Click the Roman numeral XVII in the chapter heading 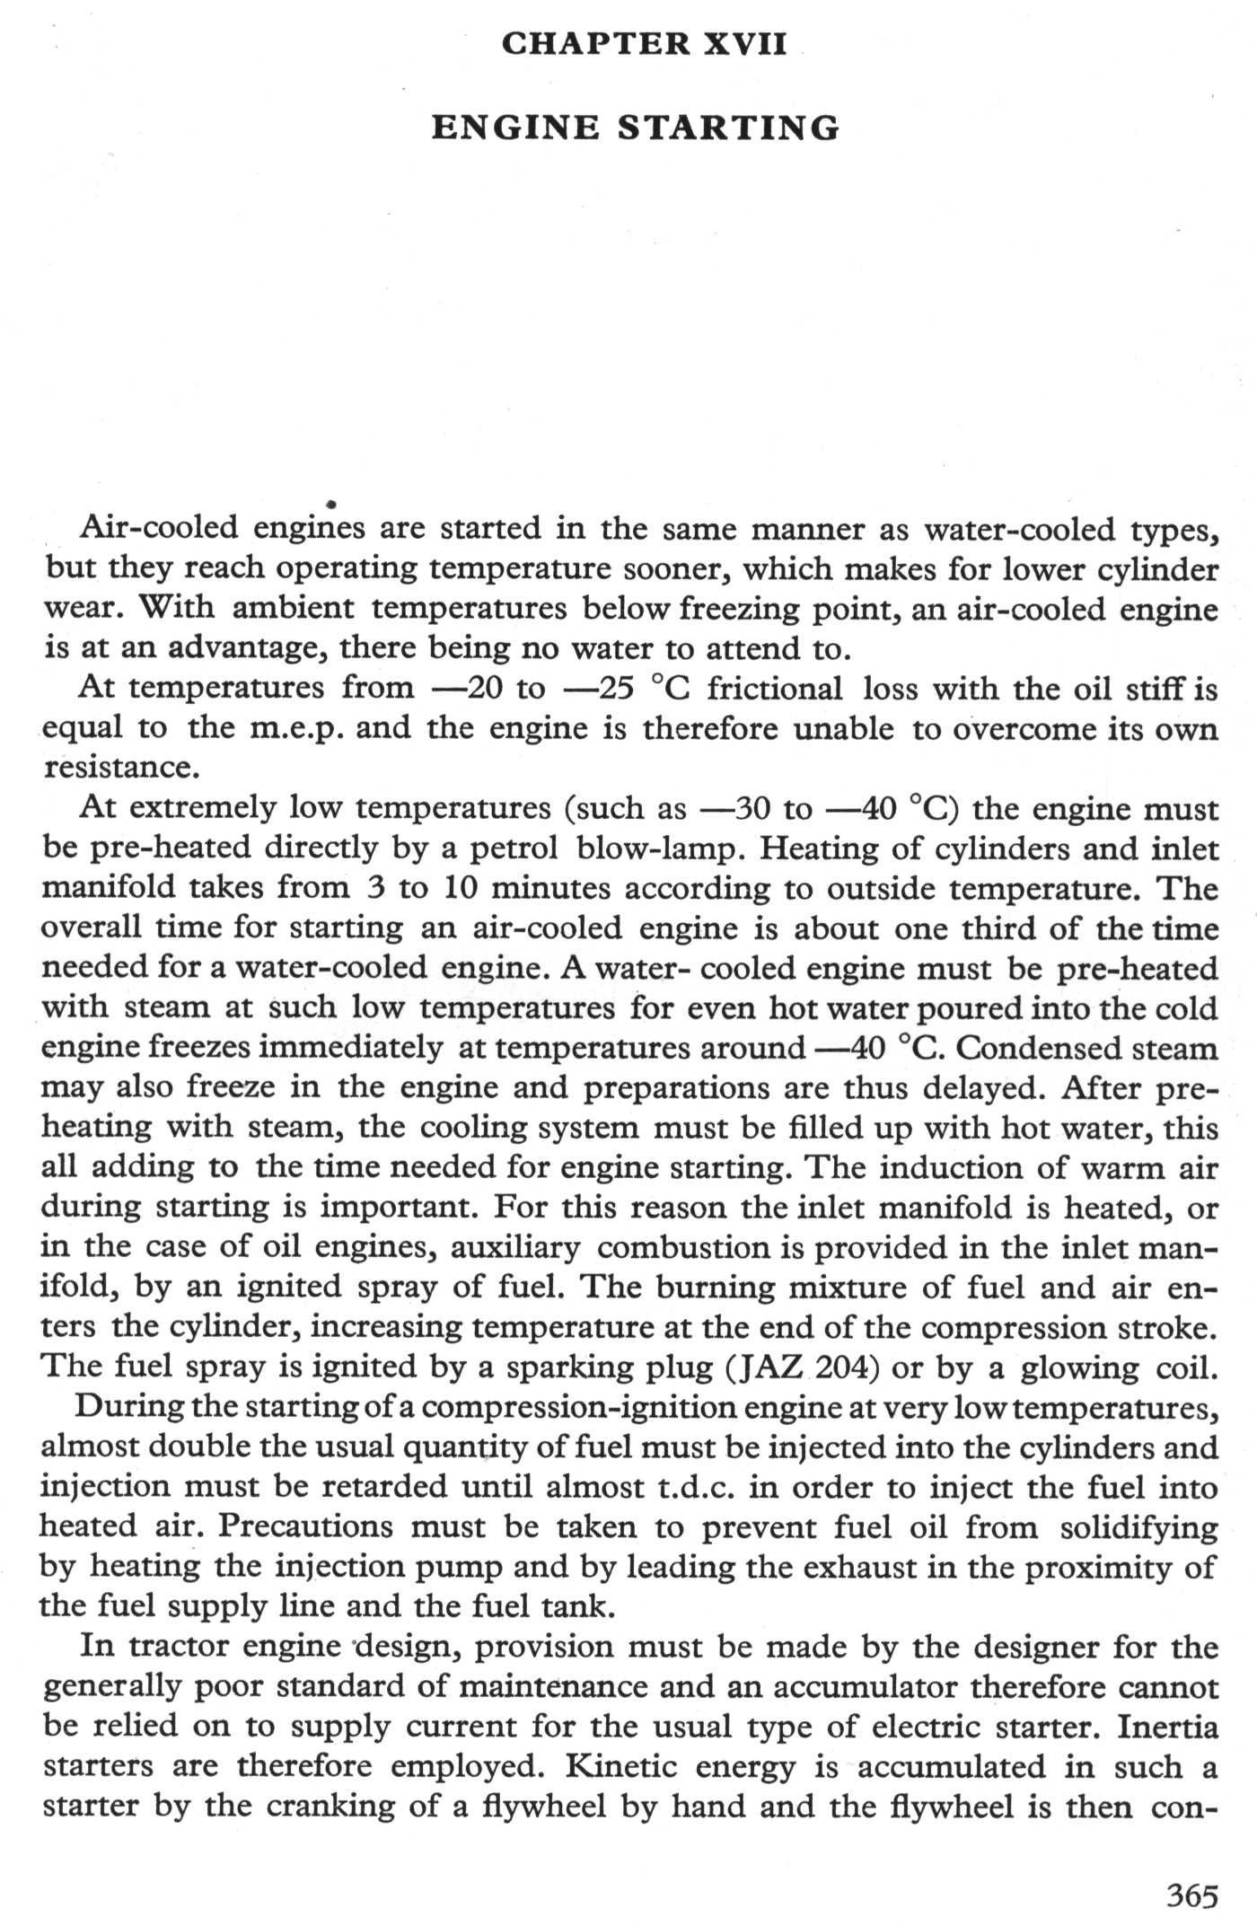(744, 44)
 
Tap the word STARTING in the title (728, 128)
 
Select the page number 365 (1192, 1895)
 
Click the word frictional (775, 689)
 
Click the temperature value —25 (599, 689)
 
